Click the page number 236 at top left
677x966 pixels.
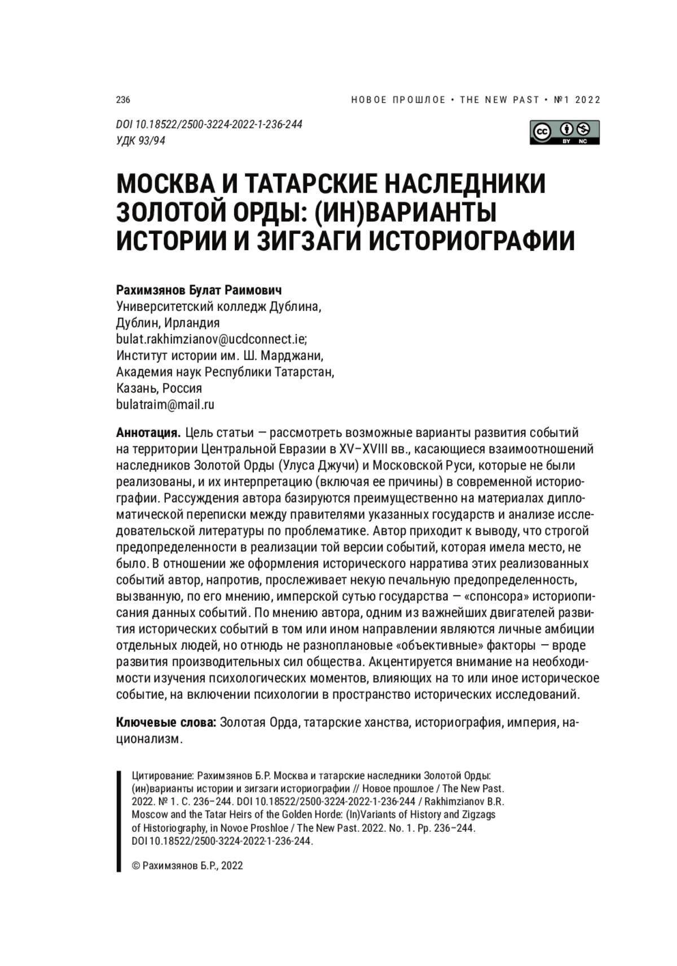[x=123, y=100]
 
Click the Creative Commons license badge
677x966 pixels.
[x=564, y=132]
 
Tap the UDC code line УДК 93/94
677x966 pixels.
[x=140, y=141]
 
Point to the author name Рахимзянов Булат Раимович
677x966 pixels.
[x=199, y=290]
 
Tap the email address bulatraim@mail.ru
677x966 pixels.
[x=165, y=405]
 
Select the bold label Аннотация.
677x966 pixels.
[x=148, y=433]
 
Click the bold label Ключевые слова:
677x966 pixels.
[x=166, y=723]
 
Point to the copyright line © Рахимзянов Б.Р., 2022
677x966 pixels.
[x=187, y=866]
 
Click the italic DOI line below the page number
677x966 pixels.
[x=209, y=125]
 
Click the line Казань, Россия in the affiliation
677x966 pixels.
[x=159, y=388]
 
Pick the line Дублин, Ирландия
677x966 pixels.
[x=168, y=323]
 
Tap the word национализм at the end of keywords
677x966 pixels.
[x=150, y=739]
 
